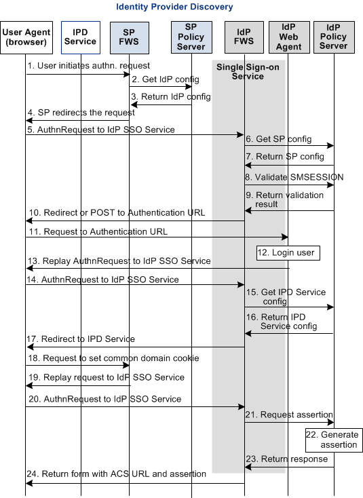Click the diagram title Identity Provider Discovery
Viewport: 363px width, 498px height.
coord(174,7)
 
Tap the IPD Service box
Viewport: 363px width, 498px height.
coord(80,37)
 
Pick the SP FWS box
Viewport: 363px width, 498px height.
coord(130,37)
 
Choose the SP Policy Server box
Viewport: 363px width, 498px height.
coord(191,37)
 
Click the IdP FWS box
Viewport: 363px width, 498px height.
coord(244,37)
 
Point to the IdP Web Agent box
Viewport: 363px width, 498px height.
coord(288,37)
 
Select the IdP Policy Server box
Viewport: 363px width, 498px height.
coord(333,37)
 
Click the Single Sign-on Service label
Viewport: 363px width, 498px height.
coord(248,72)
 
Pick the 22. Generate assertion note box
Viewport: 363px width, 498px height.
coord(332,440)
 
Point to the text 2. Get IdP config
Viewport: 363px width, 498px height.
coord(160,80)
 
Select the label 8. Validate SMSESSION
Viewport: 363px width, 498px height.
coord(294,177)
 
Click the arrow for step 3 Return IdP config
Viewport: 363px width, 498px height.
coord(160,104)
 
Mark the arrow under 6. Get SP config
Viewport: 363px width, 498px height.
coord(289,145)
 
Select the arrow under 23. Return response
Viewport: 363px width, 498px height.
coord(289,467)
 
